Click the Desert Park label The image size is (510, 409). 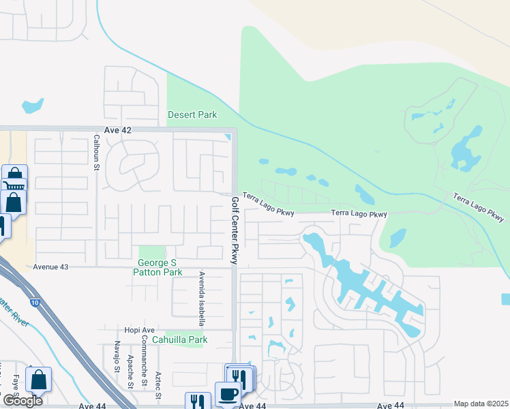click(192, 115)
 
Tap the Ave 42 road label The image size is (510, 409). click(117, 130)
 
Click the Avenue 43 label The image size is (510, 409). click(51, 267)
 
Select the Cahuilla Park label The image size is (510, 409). click(179, 339)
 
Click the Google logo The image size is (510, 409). click(22, 401)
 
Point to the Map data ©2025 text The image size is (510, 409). click(481, 404)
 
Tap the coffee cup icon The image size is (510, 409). click(227, 393)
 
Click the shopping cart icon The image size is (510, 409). click(14, 185)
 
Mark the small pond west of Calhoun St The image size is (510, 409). click(33, 106)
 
